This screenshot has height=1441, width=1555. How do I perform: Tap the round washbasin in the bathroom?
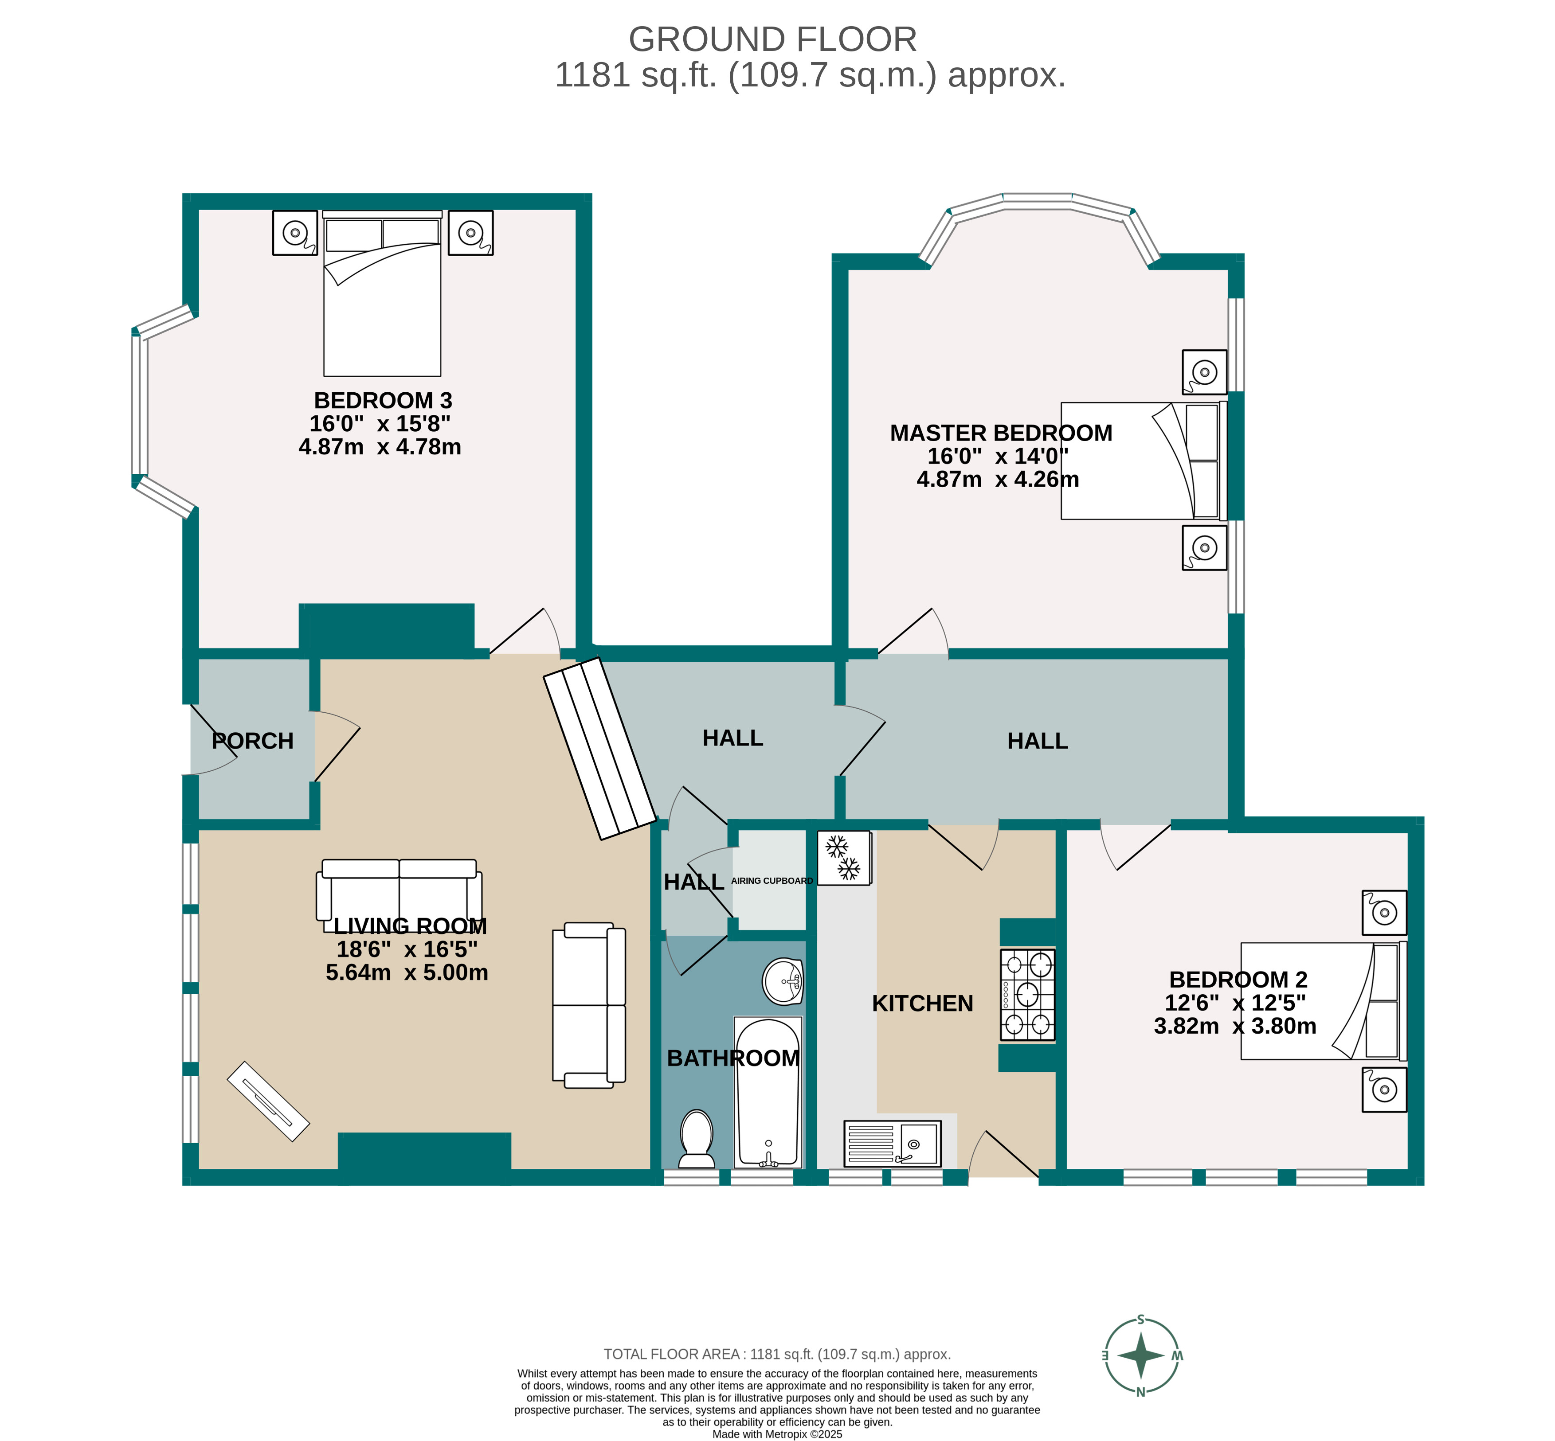click(x=782, y=981)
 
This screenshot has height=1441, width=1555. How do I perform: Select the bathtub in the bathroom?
click(x=768, y=1092)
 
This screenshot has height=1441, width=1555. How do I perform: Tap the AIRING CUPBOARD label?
click(x=771, y=880)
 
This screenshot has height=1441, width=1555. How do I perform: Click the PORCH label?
click(x=253, y=741)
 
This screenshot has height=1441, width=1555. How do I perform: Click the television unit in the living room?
click(x=268, y=1101)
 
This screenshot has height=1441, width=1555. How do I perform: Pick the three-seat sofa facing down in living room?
click(x=399, y=893)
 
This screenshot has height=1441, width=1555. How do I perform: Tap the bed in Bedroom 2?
click(x=1322, y=1000)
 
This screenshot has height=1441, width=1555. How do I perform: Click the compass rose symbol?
click(x=1140, y=1355)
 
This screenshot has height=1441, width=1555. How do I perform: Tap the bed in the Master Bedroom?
click(x=1143, y=461)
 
